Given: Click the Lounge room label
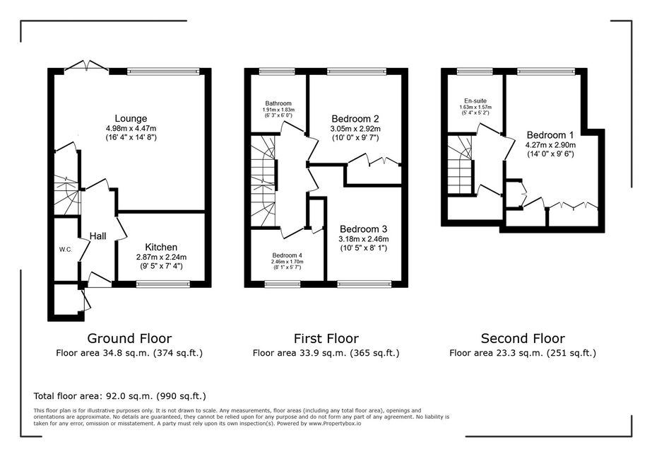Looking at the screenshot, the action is [131, 119].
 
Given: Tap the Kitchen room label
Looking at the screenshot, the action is [161, 247].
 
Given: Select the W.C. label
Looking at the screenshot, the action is [66, 250].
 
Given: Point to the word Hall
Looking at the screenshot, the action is [98, 236].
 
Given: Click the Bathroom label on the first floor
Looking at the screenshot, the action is [278, 103].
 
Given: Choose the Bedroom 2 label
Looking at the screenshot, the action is [355, 119].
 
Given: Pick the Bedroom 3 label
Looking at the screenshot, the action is [363, 229].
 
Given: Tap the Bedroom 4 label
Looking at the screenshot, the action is [287, 255].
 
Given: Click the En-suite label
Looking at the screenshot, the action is [475, 101].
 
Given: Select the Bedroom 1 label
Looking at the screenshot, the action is [550, 135].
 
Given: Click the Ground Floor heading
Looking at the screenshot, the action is [129, 338].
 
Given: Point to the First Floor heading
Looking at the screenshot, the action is [326, 338].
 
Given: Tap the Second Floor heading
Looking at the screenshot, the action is [523, 338].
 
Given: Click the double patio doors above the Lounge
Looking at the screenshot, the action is [87, 66].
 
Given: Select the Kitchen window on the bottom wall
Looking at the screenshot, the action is [163, 284].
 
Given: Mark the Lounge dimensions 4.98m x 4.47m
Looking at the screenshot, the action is [131, 128].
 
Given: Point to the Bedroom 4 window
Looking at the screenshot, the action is [283, 284].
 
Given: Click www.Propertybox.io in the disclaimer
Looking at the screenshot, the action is [335, 423].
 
